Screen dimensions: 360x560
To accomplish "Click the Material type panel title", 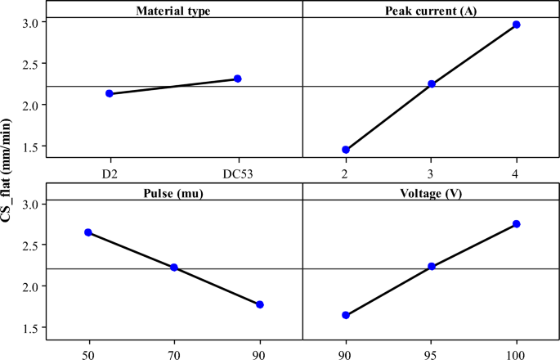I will click(174, 11).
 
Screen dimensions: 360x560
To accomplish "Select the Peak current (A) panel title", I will click(431, 11).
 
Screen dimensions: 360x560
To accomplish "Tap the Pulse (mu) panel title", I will click(174, 193).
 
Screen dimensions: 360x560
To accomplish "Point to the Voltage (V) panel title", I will click(431, 193).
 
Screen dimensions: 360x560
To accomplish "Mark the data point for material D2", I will click(110, 93).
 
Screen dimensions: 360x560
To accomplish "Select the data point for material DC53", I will click(238, 79).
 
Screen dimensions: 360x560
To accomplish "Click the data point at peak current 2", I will click(346, 150).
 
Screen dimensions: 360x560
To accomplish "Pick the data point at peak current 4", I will click(517, 25).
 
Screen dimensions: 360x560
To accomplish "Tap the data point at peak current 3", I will click(432, 83).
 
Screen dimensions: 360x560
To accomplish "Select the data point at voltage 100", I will click(517, 224).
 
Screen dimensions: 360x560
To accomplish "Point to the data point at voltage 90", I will click(346, 315).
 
